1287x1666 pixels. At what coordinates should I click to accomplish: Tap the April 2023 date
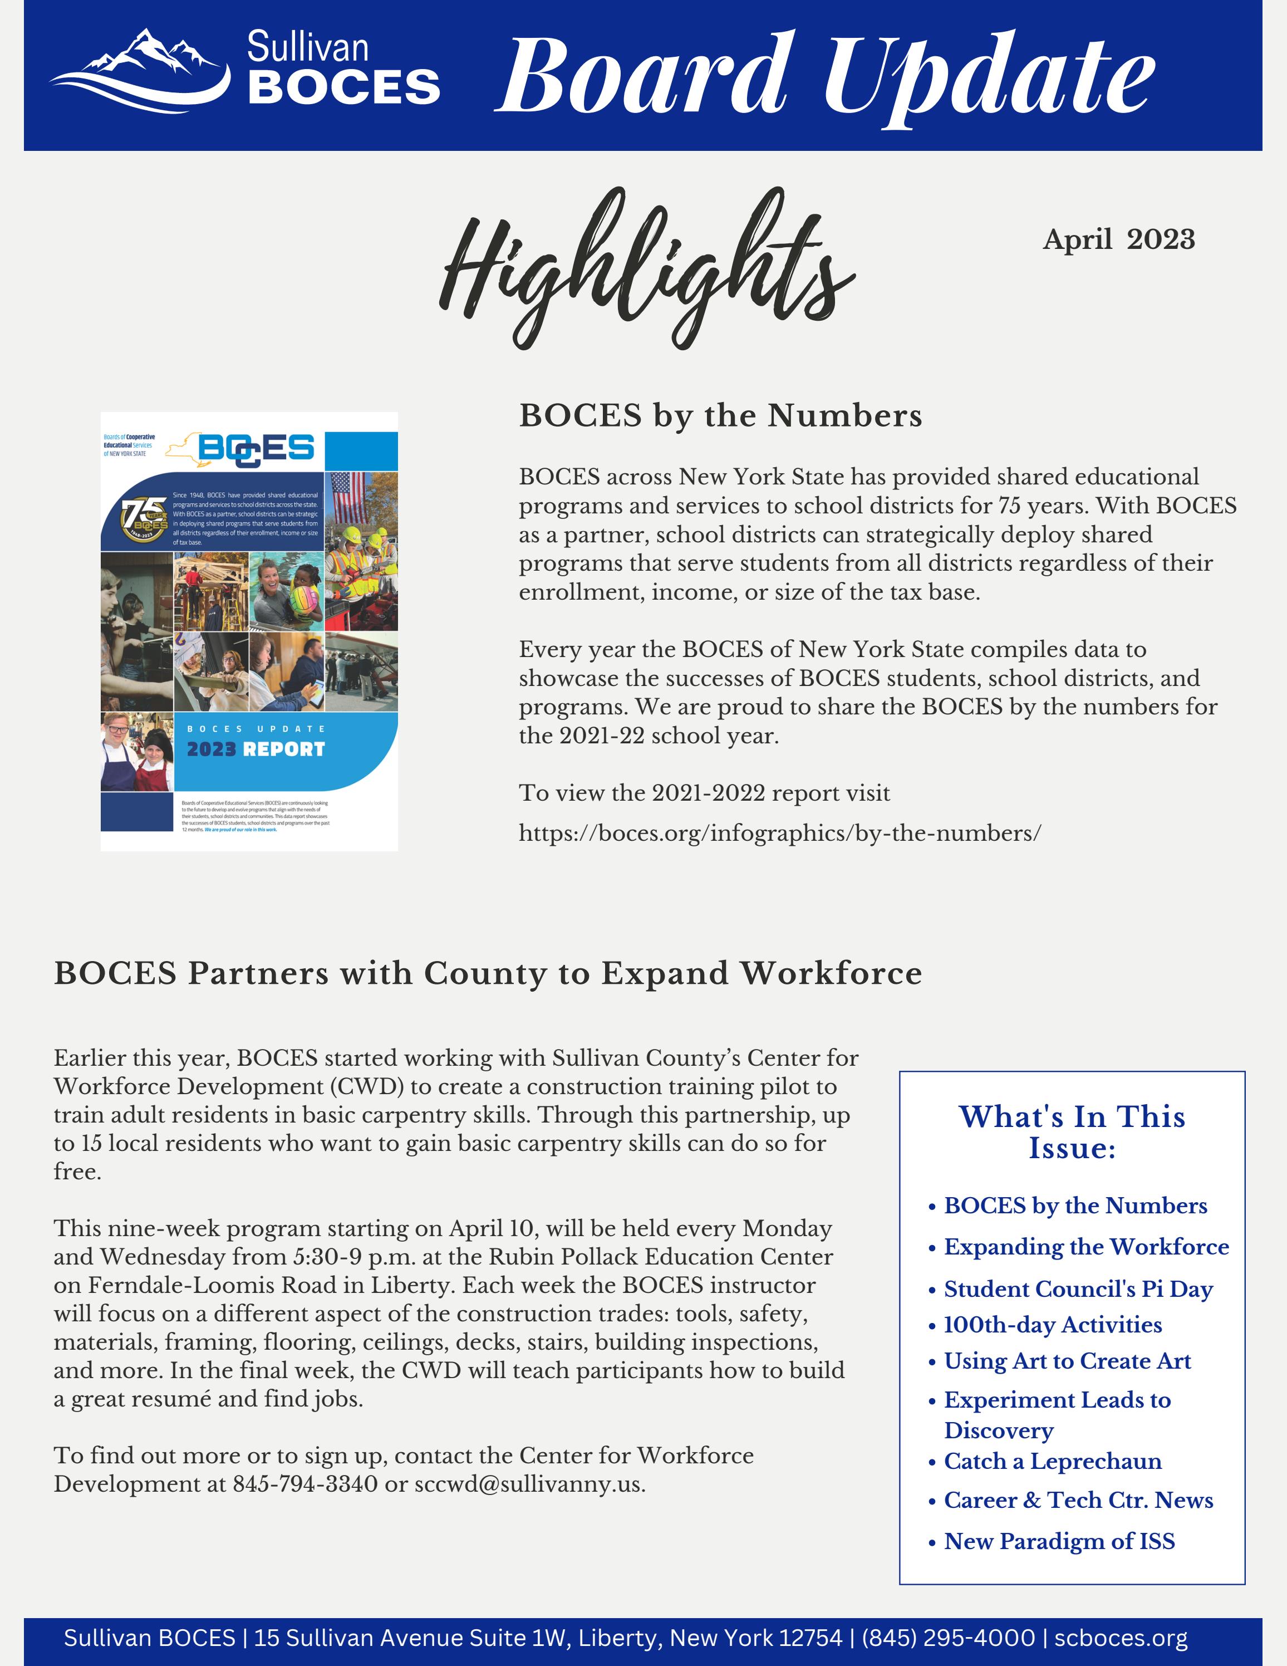(1118, 239)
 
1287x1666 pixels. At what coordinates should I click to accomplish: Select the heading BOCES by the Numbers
(720, 416)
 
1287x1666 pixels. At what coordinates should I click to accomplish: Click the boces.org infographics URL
(779, 833)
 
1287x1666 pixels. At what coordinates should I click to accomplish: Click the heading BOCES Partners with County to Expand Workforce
(488, 973)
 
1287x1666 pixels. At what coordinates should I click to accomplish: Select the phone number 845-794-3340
(305, 1484)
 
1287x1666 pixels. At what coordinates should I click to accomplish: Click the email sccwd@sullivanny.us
(529, 1484)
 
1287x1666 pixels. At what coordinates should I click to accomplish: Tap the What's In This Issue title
(1072, 1132)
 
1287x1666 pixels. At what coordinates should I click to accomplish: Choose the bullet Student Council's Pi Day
(1078, 1288)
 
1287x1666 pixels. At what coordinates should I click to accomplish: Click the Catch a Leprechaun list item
(1052, 1461)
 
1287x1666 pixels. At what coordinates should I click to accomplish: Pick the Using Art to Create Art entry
(1068, 1361)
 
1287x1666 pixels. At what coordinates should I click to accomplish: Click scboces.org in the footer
(1121, 1638)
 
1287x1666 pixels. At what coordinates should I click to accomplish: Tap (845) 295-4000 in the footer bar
(947, 1638)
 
